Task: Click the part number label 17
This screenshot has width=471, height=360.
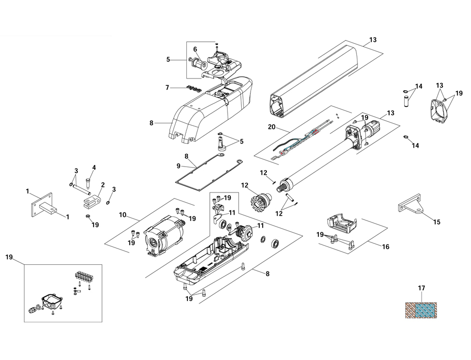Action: [x=421, y=288]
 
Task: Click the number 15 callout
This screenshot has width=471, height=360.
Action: [x=436, y=222]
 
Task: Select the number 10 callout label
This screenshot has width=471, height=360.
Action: [x=122, y=214]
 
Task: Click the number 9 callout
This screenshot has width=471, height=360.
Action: [x=178, y=165]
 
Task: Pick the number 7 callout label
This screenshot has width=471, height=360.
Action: [x=167, y=88]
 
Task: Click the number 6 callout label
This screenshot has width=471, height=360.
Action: [x=195, y=49]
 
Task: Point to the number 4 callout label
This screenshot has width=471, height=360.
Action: [x=94, y=167]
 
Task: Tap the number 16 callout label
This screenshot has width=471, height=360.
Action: [x=385, y=246]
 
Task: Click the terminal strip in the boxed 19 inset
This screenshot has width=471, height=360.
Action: [x=83, y=278]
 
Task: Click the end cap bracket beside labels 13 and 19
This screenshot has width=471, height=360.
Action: [x=439, y=108]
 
